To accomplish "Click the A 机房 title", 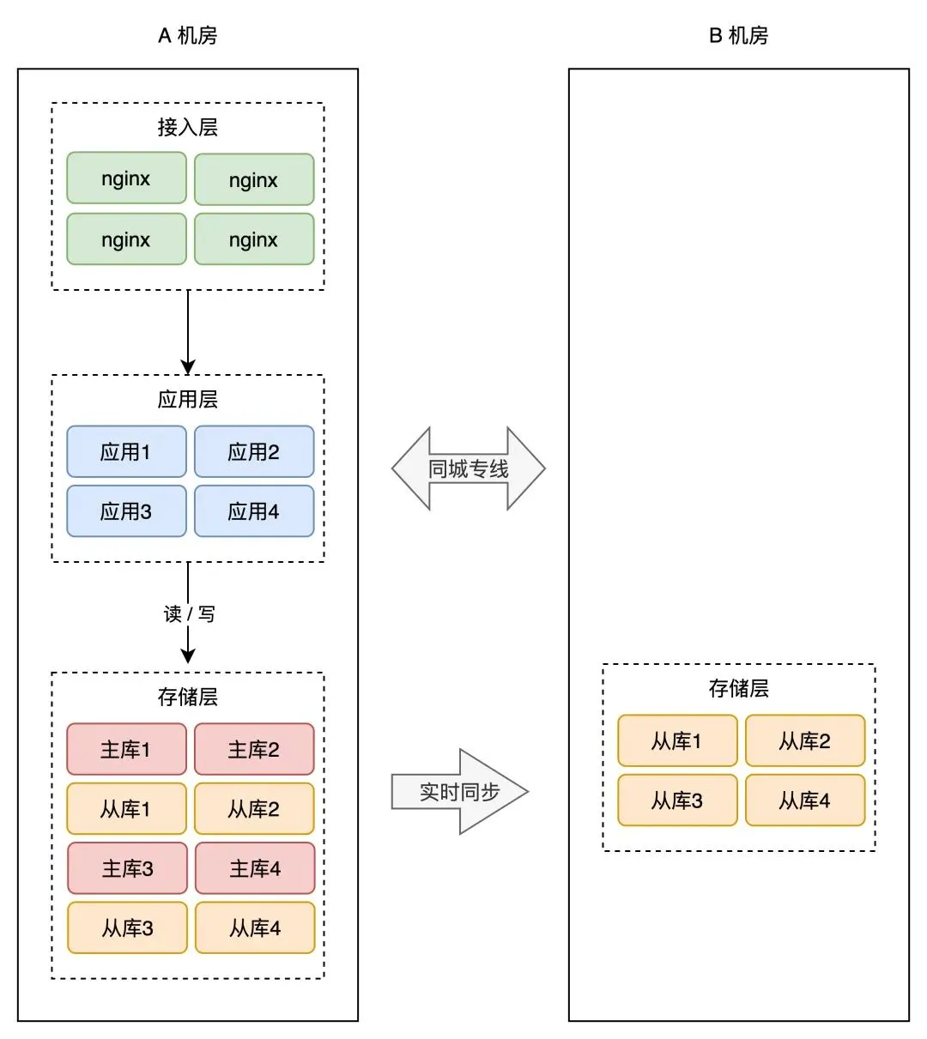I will point(187,36).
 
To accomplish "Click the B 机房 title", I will point(738,36).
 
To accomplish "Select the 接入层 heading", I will point(187,128).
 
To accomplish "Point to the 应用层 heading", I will point(187,400).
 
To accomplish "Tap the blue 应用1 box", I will point(126,452).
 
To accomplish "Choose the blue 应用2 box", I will point(254,452).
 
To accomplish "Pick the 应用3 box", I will point(126,511).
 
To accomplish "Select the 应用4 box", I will point(254,511).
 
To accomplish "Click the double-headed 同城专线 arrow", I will point(469,468).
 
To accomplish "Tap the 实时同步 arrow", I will point(459,791).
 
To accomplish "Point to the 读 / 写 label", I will point(189,614).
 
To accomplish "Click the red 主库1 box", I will point(126,749).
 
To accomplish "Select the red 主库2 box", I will point(254,749).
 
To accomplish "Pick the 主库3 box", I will point(127,868).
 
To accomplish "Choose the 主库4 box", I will point(255,868).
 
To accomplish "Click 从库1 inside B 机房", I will point(677,740).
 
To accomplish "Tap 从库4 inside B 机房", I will point(805,800).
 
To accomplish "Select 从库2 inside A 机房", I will point(254,808).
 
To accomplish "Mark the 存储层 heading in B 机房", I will point(738,688).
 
